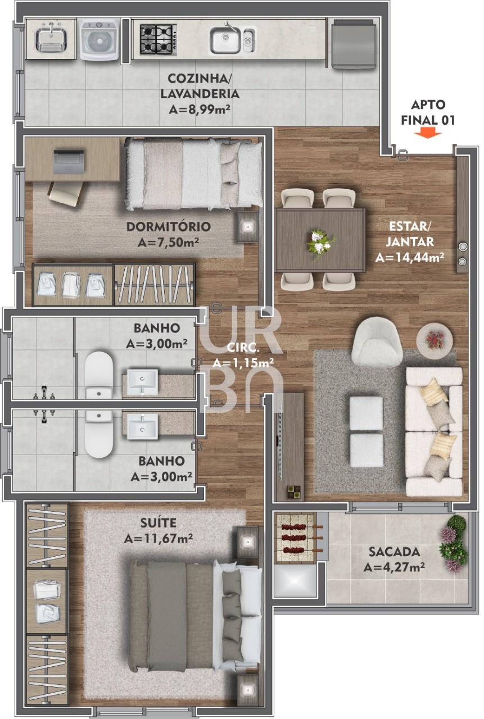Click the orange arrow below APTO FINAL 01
point(428,133)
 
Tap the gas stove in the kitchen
point(159,39)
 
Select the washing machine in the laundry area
point(99,39)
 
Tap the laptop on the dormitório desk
point(69,161)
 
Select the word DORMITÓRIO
point(169,226)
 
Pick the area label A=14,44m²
point(410,257)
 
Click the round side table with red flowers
point(435,340)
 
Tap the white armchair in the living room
point(377,342)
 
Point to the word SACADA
point(395,552)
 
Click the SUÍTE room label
point(159,523)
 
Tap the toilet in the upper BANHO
point(98,375)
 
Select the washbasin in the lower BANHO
point(142,426)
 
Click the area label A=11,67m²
point(159,539)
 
